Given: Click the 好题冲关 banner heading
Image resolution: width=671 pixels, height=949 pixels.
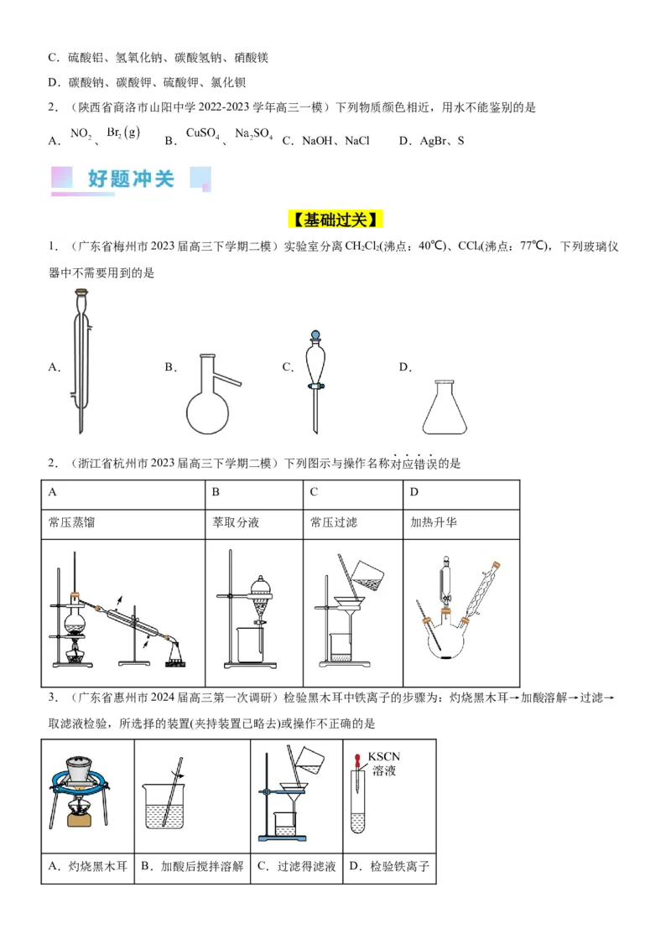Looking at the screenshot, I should click(x=131, y=179).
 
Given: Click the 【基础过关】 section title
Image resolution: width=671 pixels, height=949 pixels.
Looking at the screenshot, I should click(x=335, y=220).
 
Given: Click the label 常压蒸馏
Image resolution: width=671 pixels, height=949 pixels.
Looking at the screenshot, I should click(x=72, y=522).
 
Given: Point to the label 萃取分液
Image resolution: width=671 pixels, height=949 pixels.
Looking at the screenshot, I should click(x=236, y=522).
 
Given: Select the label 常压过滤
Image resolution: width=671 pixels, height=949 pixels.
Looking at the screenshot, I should click(x=334, y=522).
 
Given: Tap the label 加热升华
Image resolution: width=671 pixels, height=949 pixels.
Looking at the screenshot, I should click(x=434, y=522).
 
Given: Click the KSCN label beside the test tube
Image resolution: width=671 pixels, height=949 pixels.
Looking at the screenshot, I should click(x=384, y=757).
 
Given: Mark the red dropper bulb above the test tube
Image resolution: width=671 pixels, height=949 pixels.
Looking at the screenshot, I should click(x=358, y=757).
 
